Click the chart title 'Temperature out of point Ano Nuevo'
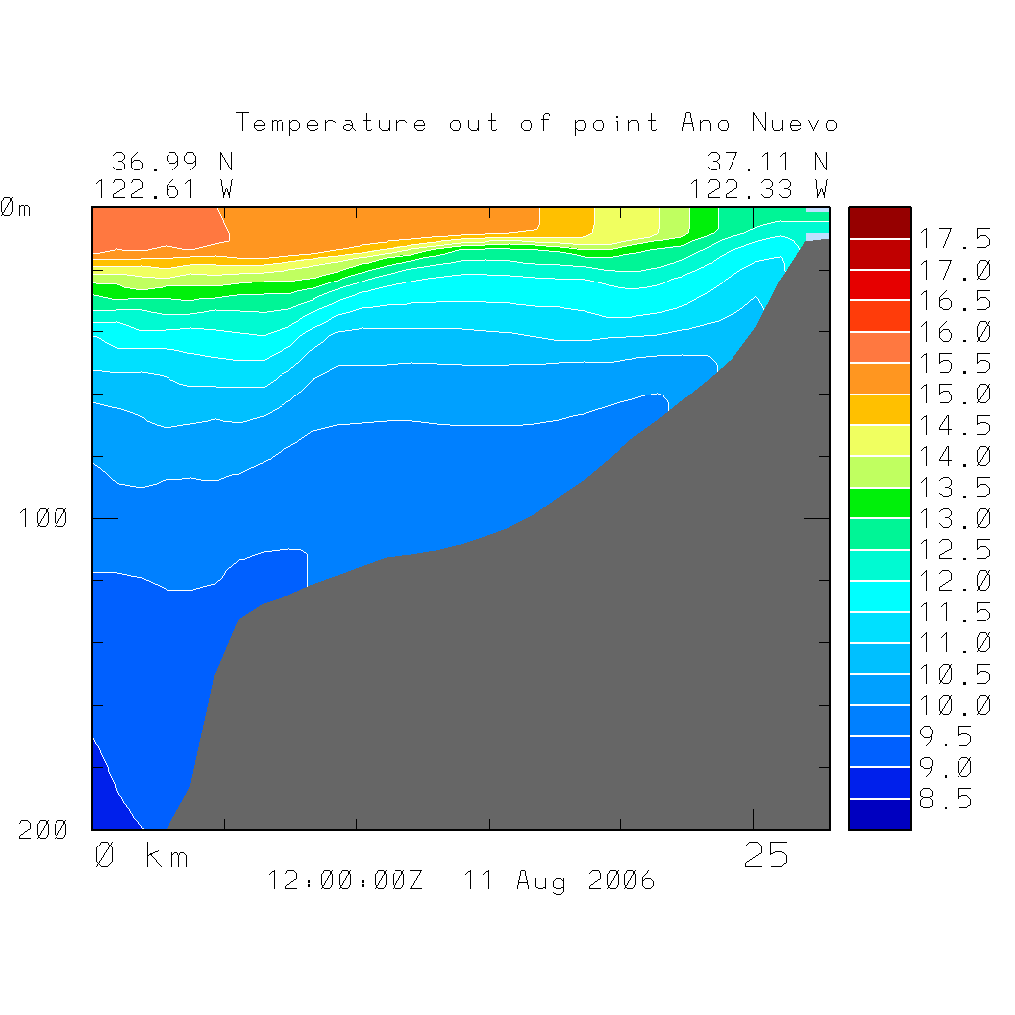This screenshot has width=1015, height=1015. tap(536, 123)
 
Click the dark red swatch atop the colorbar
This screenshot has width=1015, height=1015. tap(879, 223)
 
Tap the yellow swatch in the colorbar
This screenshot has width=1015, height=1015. tap(879, 440)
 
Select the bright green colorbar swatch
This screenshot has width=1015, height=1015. tap(879, 503)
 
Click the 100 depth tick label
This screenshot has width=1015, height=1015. tap(44, 518)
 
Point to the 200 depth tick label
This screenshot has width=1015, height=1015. tap(44, 830)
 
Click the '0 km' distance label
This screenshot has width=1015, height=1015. tap(141, 855)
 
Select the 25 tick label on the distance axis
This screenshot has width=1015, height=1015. tap(766, 855)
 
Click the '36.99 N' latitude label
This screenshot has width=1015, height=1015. tap(171, 162)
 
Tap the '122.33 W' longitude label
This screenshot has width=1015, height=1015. tap(758, 188)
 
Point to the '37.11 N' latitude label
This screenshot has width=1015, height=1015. tap(766, 162)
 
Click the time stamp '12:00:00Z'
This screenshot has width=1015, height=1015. tap(345, 880)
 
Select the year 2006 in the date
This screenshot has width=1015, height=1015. tap(621, 880)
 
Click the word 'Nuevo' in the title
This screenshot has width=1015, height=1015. tap(795, 123)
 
